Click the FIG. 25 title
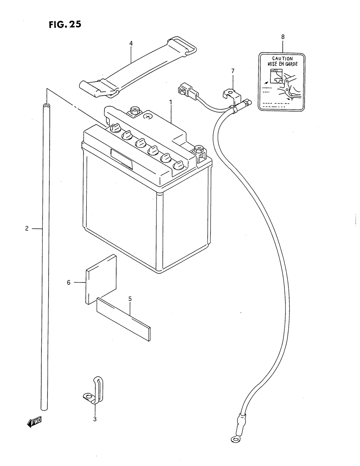click(x=65, y=25)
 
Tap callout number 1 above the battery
click(x=171, y=102)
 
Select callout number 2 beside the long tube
click(x=27, y=229)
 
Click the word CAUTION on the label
click(x=282, y=59)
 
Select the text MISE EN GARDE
click(x=282, y=64)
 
